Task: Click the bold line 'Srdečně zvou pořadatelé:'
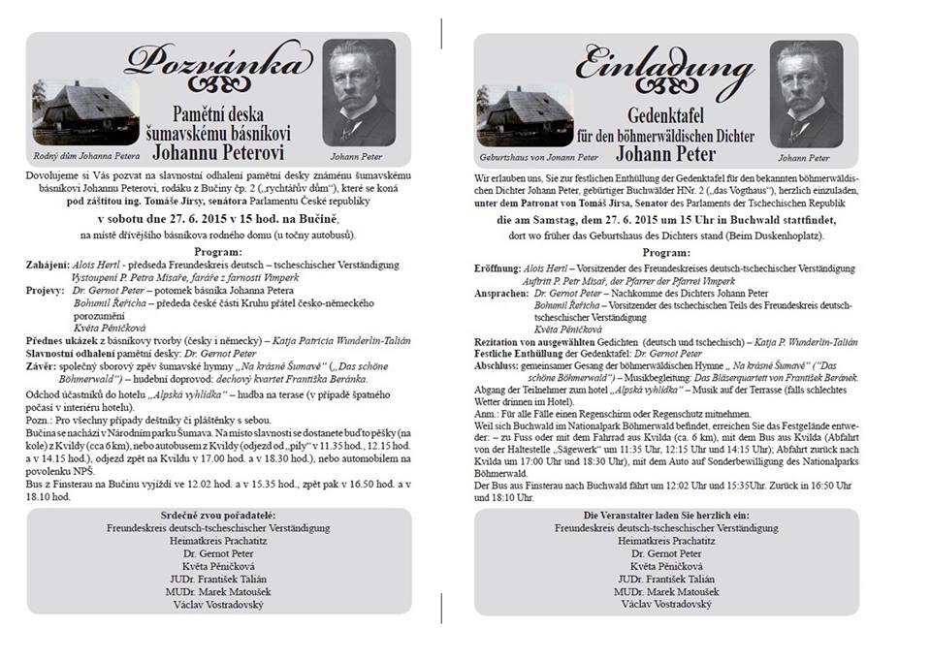217,514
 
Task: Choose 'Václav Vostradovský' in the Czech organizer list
217,604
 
